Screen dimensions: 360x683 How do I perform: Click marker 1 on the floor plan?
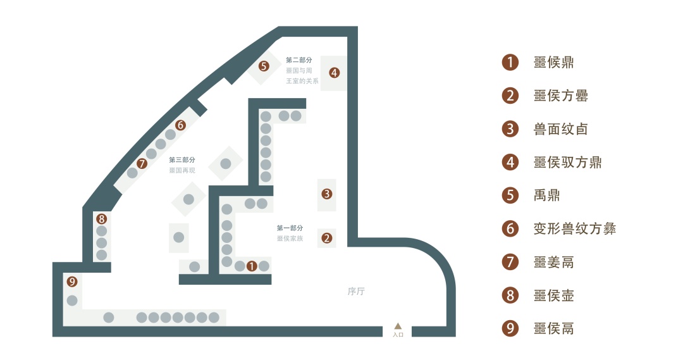tap(252, 266)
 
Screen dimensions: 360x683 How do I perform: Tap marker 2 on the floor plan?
tap(326, 239)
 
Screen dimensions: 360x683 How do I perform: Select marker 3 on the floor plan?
tap(326, 194)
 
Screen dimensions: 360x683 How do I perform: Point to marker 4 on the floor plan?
tap(334, 73)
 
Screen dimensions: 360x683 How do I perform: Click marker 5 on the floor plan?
tap(264, 66)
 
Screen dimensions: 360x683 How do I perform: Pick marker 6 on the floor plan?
tap(180, 125)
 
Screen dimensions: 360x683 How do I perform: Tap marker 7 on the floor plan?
tap(142, 163)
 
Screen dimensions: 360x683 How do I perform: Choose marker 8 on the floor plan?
tap(101, 219)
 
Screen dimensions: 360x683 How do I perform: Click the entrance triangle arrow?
tap(398, 326)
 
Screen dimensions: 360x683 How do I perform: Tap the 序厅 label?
tap(357, 292)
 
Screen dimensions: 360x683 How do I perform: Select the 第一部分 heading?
tap(290, 228)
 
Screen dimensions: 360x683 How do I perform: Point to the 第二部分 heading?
tap(299, 60)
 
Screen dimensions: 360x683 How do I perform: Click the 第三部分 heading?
tap(182, 160)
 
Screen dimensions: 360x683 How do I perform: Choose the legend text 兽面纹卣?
tap(560, 129)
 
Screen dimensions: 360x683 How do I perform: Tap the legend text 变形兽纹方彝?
tap(574, 228)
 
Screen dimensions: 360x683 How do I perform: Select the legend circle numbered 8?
tap(510, 295)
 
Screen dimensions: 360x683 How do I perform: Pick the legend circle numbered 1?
tap(510, 62)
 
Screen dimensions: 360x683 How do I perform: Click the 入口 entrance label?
tap(398, 334)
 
